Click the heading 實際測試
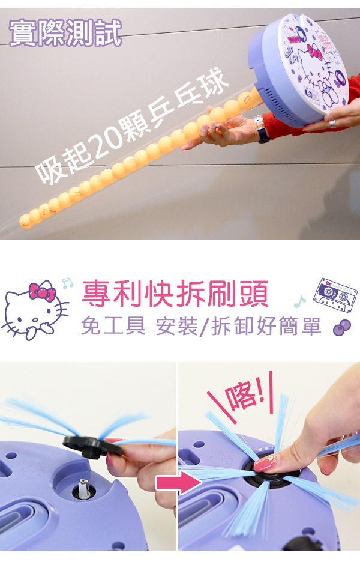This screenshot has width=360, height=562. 65,34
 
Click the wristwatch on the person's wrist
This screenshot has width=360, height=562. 260,128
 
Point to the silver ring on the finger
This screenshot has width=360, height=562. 332,124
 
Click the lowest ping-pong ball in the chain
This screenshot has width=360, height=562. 26,221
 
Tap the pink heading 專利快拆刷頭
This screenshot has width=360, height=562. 175,294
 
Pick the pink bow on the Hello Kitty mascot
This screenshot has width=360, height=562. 42,291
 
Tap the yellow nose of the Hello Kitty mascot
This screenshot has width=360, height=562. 35,319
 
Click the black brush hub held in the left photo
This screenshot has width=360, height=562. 91,447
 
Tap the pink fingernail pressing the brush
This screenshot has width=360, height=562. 265,464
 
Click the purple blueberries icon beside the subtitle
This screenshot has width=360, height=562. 341,327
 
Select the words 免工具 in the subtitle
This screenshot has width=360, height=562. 113,326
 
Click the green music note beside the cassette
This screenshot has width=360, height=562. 300,302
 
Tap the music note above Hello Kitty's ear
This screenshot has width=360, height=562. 67,283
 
